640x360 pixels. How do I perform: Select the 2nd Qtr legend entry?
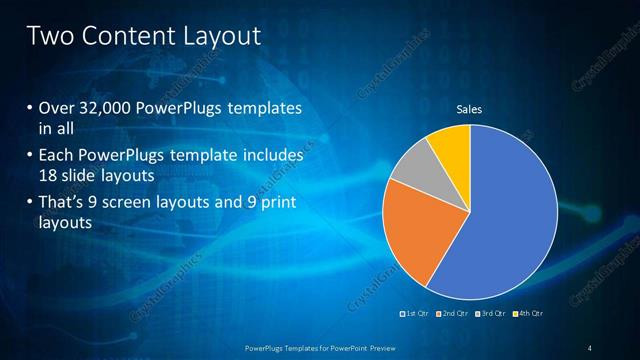(452, 314)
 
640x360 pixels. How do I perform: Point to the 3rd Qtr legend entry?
(490, 314)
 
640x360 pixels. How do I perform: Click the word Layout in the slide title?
(217, 37)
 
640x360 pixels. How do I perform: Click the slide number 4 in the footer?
(590, 347)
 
